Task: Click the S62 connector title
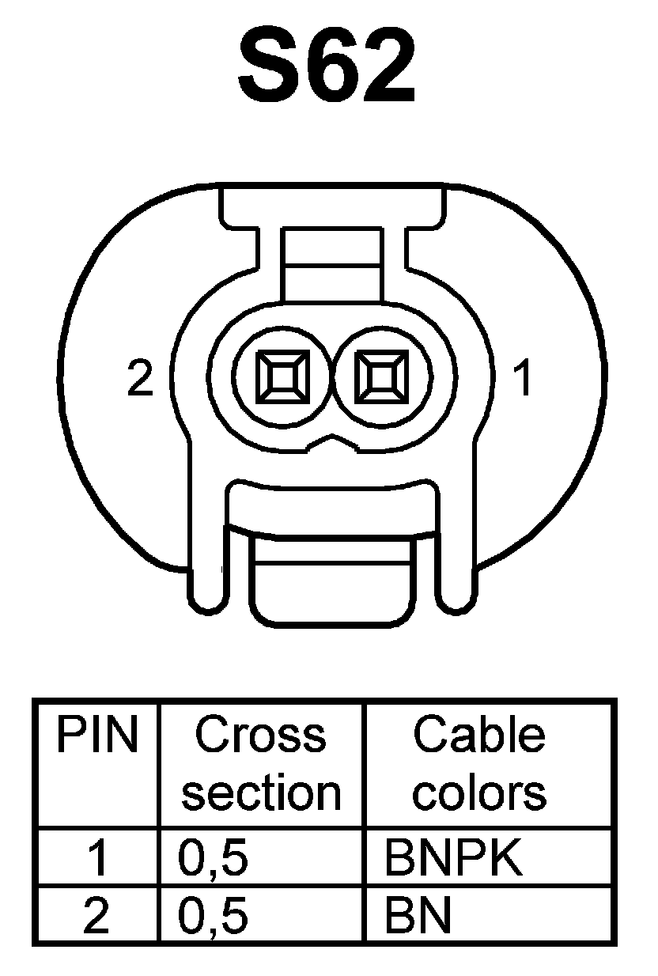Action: click(x=327, y=69)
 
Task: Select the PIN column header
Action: click(x=96, y=736)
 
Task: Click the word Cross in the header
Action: click(x=261, y=736)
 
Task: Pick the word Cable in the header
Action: click(x=479, y=736)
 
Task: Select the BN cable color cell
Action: click(x=418, y=916)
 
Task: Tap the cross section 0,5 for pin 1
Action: click(x=214, y=859)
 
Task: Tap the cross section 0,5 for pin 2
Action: click(x=214, y=916)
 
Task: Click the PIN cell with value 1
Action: click(x=96, y=859)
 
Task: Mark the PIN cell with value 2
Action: click(x=96, y=916)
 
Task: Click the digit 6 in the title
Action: click(x=327, y=69)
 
